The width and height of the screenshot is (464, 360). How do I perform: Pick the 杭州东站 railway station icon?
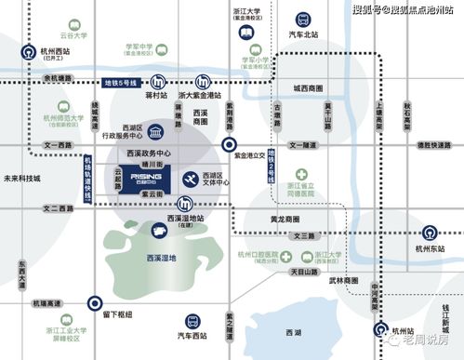click(x=430, y=232)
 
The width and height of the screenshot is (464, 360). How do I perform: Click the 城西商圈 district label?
click(x=310, y=89)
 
